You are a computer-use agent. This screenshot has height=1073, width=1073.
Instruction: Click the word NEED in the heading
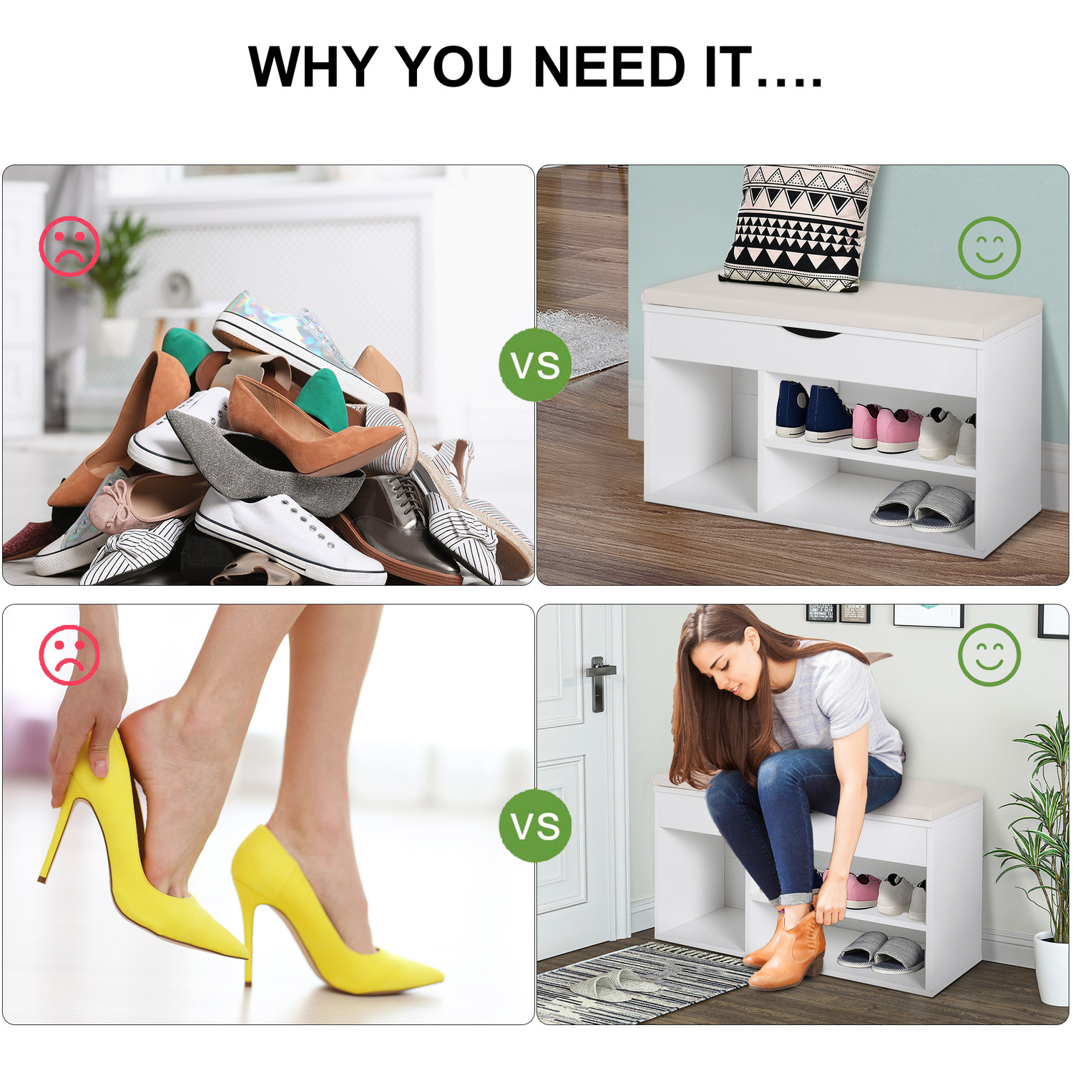tap(609, 67)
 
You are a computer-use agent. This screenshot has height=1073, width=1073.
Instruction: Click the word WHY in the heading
tap(313, 67)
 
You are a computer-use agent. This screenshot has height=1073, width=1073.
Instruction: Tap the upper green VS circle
tap(535, 365)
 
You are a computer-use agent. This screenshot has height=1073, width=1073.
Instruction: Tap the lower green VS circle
tap(535, 825)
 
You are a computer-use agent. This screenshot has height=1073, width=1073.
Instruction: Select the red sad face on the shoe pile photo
tap(69, 247)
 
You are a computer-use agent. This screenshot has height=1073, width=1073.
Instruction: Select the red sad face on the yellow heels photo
tap(69, 655)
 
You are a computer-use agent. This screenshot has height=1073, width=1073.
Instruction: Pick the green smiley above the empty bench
tap(989, 248)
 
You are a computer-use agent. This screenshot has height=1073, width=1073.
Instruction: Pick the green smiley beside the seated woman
tap(989, 655)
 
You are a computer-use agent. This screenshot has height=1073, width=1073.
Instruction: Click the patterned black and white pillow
tap(799, 227)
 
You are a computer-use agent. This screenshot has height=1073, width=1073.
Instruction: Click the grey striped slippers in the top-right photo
tap(923, 506)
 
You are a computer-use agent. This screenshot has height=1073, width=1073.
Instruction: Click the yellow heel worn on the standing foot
tap(329, 916)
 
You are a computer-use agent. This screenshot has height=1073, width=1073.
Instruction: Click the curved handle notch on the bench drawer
tap(812, 333)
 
